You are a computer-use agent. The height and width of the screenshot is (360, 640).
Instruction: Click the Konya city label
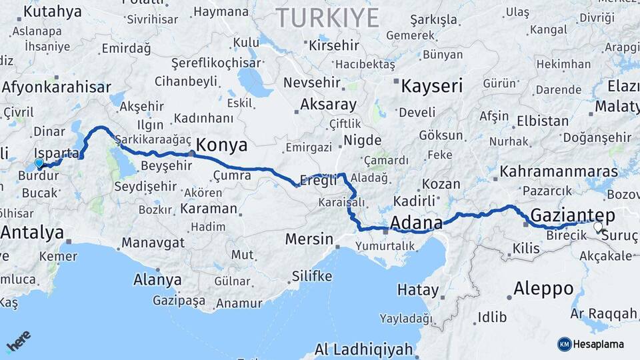223,146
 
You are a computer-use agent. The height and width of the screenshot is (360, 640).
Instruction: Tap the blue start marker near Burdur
39,163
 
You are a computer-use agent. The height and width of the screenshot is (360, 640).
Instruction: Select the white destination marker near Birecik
597,226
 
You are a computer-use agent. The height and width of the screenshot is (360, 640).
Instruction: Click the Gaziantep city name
573,215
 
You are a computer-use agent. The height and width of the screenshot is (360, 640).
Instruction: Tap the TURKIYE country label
327,17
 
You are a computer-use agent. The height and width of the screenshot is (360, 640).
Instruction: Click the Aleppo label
544,289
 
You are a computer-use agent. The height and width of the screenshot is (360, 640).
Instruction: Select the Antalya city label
33,233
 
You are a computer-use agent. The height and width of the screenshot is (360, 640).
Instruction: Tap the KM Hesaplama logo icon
564,344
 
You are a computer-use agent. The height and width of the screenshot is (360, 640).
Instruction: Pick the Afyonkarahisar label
56,87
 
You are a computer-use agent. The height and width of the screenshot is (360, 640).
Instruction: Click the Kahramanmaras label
559,171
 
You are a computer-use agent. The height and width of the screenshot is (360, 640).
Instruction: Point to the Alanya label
157,279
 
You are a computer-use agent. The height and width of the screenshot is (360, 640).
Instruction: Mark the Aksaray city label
328,104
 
